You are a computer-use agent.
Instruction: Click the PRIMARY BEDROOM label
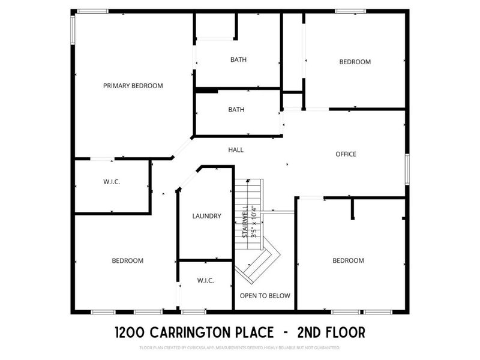133,86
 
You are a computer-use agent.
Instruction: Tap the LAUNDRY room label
207,216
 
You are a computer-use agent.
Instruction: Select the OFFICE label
346,154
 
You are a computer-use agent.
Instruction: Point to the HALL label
236,149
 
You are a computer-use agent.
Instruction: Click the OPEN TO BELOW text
265,296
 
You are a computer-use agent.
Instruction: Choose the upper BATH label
238,59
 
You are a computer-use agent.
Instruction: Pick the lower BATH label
236,110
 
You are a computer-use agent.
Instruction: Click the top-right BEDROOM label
355,62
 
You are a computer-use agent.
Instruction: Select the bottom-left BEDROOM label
127,260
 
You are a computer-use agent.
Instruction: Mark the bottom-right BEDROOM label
348,260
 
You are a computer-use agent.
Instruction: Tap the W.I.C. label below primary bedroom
112,182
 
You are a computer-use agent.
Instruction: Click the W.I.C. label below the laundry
206,281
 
